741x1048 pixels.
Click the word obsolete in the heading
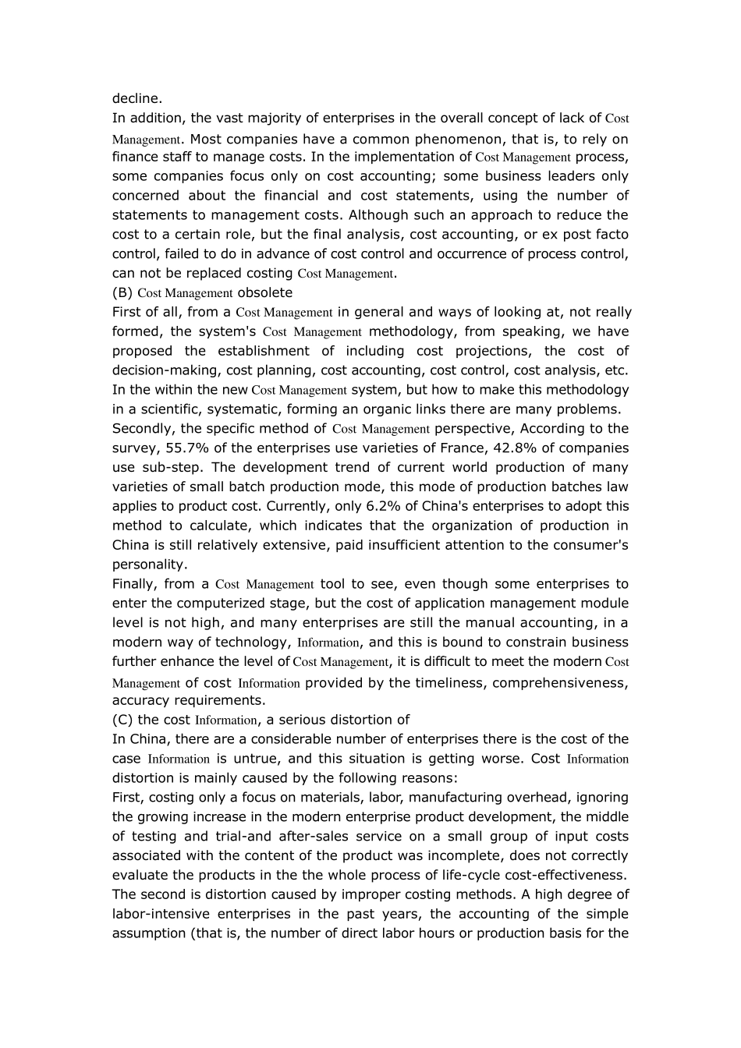pos(264,292)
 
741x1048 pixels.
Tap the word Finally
pos(133,583)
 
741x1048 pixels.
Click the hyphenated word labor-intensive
pos(159,913)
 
